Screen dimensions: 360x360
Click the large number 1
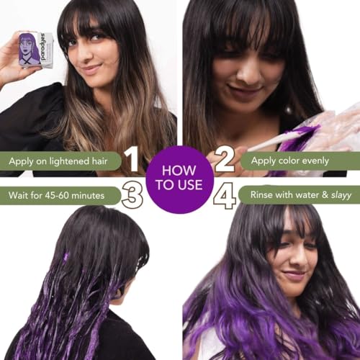pyautogui.click(x=132, y=160)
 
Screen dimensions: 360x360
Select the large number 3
pyautogui.click(x=132, y=195)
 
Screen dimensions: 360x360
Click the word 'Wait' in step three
pyautogui.click(x=20, y=194)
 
